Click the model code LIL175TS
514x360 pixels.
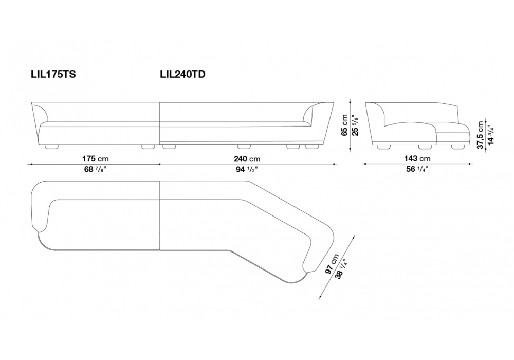click(x=53, y=75)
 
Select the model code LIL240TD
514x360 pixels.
click(x=183, y=75)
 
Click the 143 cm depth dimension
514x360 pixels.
click(x=417, y=158)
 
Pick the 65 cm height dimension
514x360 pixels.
click(x=345, y=124)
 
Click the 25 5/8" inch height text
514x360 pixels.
click(x=354, y=124)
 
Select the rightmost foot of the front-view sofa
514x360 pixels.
click(x=312, y=147)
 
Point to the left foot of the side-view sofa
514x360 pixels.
click(x=382, y=147)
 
